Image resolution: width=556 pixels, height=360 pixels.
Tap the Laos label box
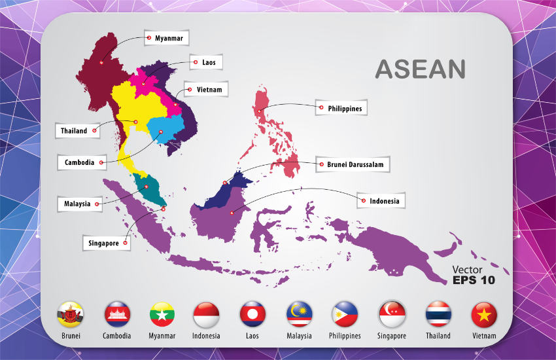(206, 63)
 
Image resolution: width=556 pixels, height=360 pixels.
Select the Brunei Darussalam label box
(353, 164)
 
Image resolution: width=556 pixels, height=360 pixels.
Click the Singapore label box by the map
(106, 243)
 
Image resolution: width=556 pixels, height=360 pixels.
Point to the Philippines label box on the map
(339, 108)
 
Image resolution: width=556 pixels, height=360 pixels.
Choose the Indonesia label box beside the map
(381, 201)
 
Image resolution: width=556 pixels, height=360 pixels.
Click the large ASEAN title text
(420, 69)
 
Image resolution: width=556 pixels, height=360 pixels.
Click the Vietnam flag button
(484, 315)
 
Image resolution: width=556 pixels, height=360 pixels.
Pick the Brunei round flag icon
(71, 315)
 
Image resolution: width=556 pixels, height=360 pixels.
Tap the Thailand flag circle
(438, 315)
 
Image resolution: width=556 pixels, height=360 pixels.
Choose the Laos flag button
(252, 315)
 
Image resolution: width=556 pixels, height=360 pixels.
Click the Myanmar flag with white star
(162, 315)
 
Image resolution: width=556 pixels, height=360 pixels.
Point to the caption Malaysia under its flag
(299, 336)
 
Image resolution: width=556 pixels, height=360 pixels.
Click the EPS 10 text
(474, 280)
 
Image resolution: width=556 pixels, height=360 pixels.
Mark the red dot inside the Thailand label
(95, 131)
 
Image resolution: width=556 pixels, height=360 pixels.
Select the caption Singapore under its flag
(392, 336)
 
